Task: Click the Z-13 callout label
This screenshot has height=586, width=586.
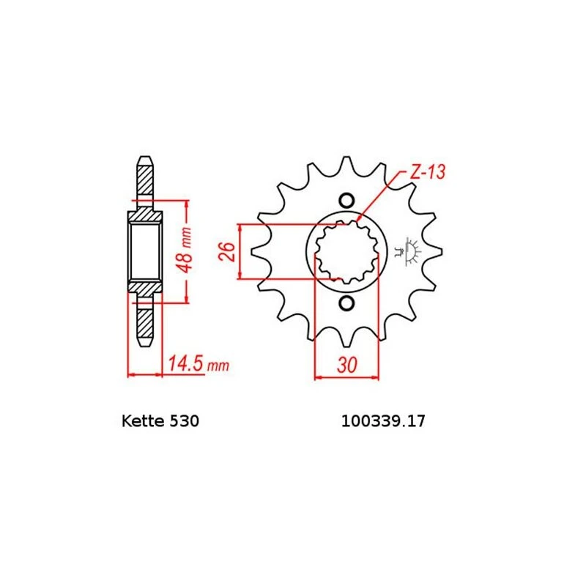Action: pos(427,173)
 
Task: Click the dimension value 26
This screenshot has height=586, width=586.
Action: pos(226,252)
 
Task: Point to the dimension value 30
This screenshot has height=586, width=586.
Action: pos(348,364)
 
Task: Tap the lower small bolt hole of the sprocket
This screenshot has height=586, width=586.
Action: pos(347,303)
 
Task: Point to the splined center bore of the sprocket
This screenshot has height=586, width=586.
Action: pos(346,252)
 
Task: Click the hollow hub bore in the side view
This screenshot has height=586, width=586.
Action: pos(144,251)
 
